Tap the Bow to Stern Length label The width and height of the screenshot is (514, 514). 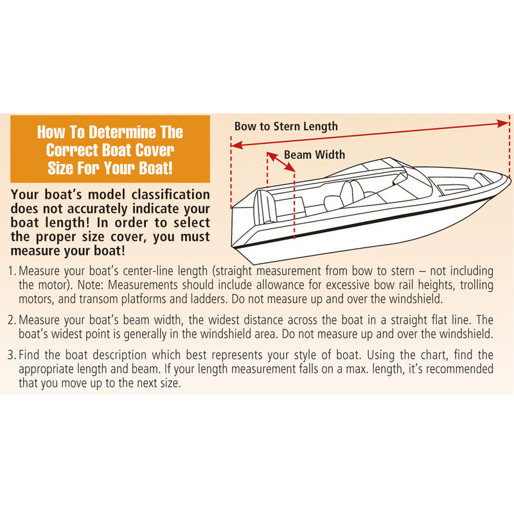tap(285, 126)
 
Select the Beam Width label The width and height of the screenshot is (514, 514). tap(314, 154)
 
